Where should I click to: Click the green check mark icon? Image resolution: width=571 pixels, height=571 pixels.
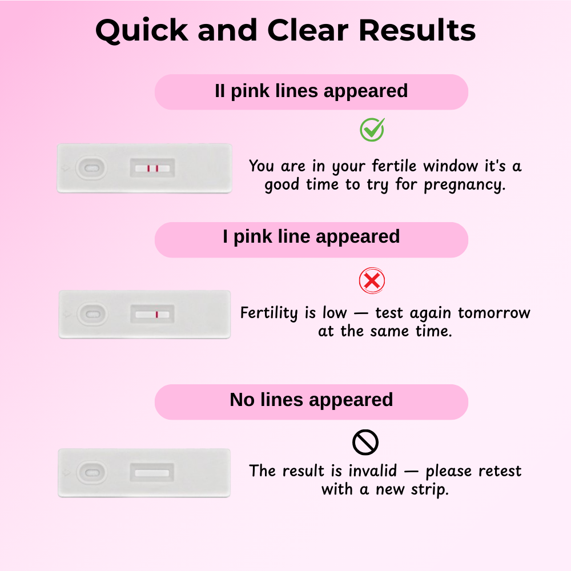click(372, 130)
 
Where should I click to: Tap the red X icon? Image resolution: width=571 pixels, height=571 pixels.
click(372, 281)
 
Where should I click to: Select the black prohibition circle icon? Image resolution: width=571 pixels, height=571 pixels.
click(365, 443)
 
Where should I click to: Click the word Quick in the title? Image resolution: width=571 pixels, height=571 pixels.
click(142, 31)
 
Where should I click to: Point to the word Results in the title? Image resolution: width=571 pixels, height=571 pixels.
click(417, 30)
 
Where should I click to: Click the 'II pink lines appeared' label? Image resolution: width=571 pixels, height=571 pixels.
click(311, 91)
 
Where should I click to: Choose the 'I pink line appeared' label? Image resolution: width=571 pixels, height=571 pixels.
click(311, 237)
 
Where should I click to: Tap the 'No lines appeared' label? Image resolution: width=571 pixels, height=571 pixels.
click(311, 400)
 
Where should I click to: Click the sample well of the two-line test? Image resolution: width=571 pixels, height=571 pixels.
click(91, 168)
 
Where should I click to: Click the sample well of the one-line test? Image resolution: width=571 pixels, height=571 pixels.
click(93, 314)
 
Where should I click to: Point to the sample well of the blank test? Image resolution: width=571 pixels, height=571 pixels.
click(92, 473)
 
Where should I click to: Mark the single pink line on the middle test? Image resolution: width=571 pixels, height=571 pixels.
click(156, 315)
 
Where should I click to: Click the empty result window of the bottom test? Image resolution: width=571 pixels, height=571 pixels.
click(152, 473)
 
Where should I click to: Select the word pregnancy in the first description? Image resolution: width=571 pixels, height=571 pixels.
click(465, 185)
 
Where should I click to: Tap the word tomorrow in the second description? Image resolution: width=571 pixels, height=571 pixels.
click(494, 313)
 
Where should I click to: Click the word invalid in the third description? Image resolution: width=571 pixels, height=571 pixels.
click(372, 471)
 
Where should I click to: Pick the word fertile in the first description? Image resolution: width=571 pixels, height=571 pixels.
click(394, 166)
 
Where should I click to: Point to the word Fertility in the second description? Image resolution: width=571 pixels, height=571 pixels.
click(269, 313)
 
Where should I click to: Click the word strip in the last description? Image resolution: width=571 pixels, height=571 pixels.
click(430, 490)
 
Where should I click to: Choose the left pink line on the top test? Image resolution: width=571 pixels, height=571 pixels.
click(148, 168)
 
